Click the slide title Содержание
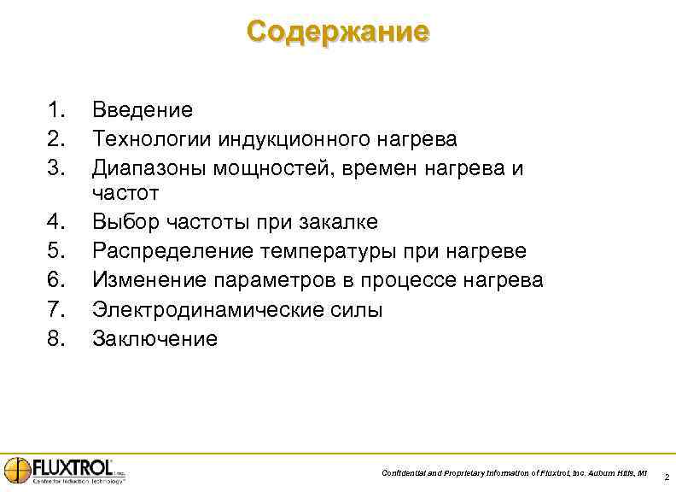tap(338, 32)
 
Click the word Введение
tap(143, 110)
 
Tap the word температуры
tap(311, 252)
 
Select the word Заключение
tap(154, 339)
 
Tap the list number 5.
tap(55, 252)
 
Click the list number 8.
tap(55, 339)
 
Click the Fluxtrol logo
tap(65, 470)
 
